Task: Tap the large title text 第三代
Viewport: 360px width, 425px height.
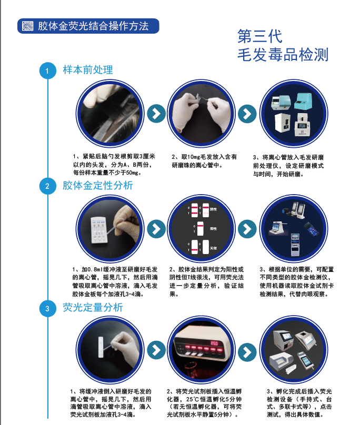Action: coord(260,36)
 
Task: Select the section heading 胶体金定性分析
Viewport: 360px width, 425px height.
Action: coord(98,186)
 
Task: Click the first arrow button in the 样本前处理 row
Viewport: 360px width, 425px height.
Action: coord(155,113)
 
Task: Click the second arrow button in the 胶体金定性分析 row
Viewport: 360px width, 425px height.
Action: coord(246,229)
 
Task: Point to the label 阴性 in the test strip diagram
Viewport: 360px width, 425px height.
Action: coord(213,209)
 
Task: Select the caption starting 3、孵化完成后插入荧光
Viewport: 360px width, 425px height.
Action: coord(297,403)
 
